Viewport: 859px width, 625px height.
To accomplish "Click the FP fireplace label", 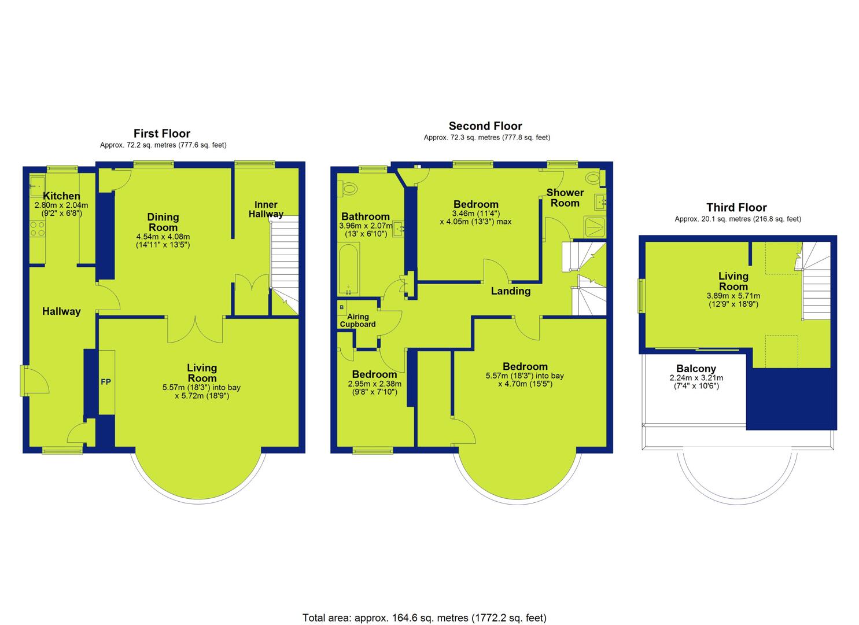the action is point(106,382).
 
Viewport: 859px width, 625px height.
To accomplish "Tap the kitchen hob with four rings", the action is point(38,229).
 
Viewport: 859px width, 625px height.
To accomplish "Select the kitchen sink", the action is point(38,186).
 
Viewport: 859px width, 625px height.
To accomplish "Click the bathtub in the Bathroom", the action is point(349,268).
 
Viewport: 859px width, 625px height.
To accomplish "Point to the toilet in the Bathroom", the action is point(348,189).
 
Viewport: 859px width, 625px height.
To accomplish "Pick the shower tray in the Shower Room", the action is point(595,227).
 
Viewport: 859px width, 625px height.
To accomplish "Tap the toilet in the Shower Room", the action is point(595,178).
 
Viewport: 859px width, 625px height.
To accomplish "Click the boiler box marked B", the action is point(342,307).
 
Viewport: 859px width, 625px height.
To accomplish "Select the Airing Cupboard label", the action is point(358,321).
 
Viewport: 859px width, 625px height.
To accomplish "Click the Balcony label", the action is point(696,368).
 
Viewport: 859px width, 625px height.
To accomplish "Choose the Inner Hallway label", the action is point(266,209).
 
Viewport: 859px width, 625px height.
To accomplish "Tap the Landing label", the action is point(511,291).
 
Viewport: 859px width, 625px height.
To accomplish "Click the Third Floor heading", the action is point(737,208).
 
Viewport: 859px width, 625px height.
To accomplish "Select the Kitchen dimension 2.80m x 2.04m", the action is point(61,205).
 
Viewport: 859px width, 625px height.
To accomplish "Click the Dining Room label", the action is point(163,222).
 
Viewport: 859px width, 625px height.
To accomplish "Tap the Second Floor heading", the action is point(485,126).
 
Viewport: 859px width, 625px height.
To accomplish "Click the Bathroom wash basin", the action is point(398,229).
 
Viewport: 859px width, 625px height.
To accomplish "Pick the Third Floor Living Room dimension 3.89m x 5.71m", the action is point(733,296).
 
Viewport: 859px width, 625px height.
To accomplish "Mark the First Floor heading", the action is point(162,134).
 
